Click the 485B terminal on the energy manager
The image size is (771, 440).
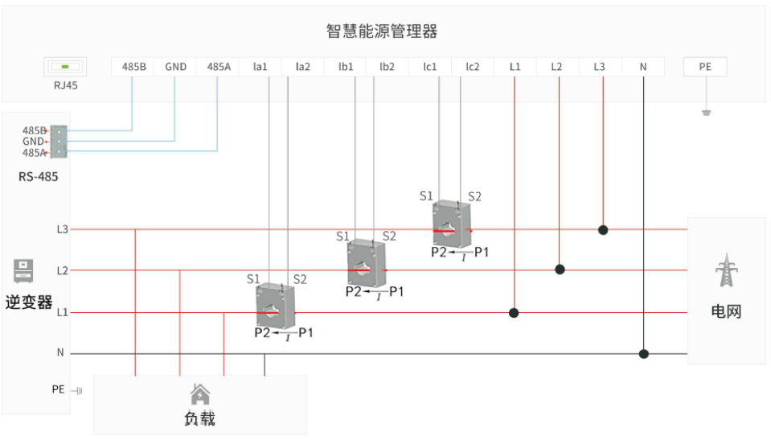click(133, 67)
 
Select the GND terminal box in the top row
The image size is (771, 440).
click(175, 67)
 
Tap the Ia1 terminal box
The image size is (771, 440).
click(260, 67)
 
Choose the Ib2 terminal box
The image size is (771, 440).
click(387, 67)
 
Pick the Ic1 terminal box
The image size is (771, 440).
click(429, 67)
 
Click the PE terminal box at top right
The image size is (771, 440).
click(705, 67)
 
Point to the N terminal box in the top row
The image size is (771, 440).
click(642, 67)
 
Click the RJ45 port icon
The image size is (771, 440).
click(65, 67)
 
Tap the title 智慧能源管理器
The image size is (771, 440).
click(382, 31)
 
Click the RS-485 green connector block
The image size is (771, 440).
click(58, 141)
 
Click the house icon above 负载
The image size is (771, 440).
click(199, 393)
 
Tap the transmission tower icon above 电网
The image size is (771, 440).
click(726, 270)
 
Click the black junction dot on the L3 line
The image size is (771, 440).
click(603, 229)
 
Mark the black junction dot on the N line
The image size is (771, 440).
click(643, 353)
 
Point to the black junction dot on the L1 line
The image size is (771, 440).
click(515, 312)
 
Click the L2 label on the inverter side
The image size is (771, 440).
click(62, 270)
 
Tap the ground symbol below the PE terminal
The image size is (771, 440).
click(706, 113)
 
